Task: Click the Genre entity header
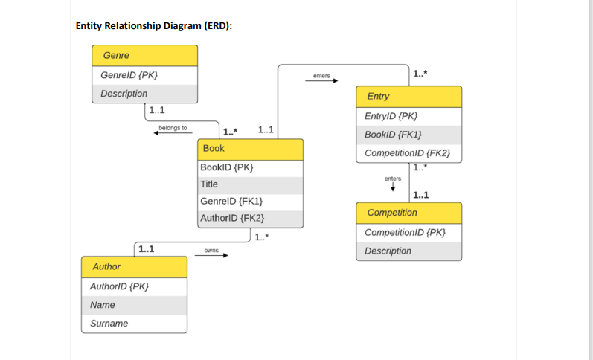tap(145, 56)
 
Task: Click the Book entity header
tap(251, 149)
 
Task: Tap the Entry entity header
tap(408, 97)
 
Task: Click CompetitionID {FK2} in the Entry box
tap(408, 153)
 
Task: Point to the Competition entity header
tap(408, 213)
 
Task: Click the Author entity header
tap(134, 266)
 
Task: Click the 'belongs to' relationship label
tap(173, 128)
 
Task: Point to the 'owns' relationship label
tap(211, 251)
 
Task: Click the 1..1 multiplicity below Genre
tap(157, 111)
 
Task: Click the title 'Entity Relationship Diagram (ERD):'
tap(154, 26)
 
